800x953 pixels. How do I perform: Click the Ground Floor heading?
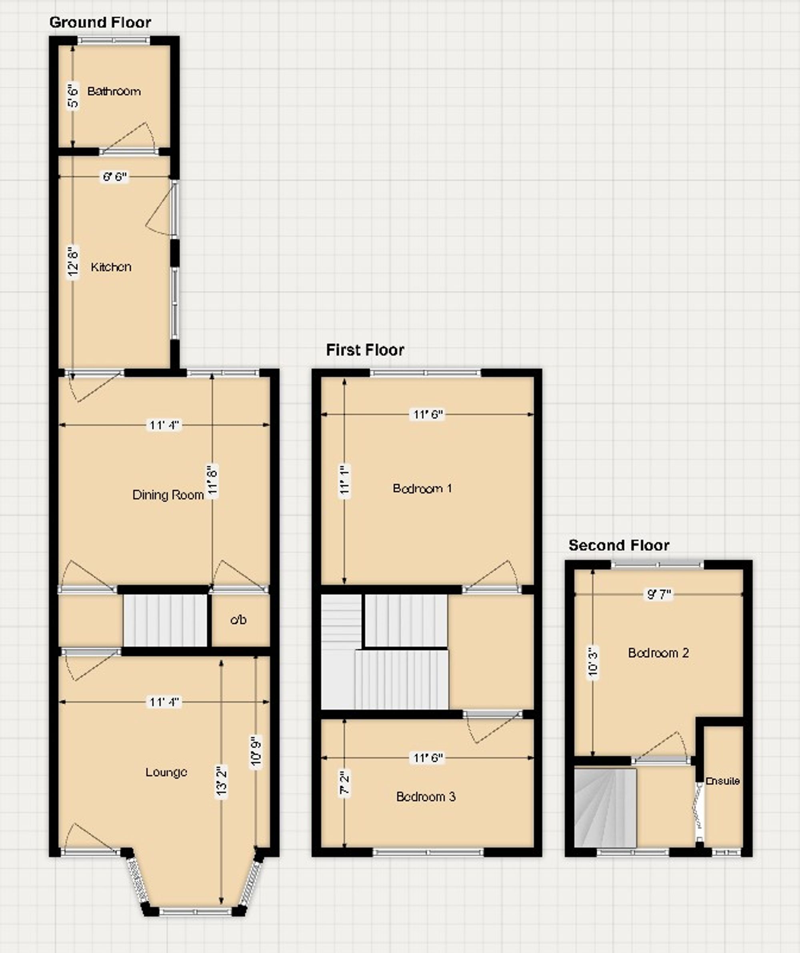tap(100, 22)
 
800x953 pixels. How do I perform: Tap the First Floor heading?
tap(365, 350)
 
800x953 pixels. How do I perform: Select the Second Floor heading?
tap(619, 545)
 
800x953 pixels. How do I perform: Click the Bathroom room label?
tap(114, 91)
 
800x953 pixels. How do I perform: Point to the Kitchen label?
tap(111, 267)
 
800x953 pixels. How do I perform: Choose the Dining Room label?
tap(168, 495)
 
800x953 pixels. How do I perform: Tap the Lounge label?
tap(166, 772)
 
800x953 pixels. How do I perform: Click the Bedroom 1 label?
tap(422, 488)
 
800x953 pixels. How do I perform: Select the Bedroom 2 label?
tap(658, 653)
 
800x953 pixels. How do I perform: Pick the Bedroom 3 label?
tap(426, 797)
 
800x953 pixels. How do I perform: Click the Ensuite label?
tap(722, 781)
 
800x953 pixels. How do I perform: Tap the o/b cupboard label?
tap(238, 620)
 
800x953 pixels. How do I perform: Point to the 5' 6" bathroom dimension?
tap(73, 96)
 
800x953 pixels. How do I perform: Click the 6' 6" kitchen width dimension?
tap(115, 176)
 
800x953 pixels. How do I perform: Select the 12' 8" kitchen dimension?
tap(73, 262)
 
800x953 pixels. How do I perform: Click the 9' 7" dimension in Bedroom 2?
tap(659, 595)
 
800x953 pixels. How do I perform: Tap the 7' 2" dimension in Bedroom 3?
tap(345, 785)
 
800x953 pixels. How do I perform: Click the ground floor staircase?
tap(165, 620)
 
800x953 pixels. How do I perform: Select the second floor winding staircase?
tap(606, 807)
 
